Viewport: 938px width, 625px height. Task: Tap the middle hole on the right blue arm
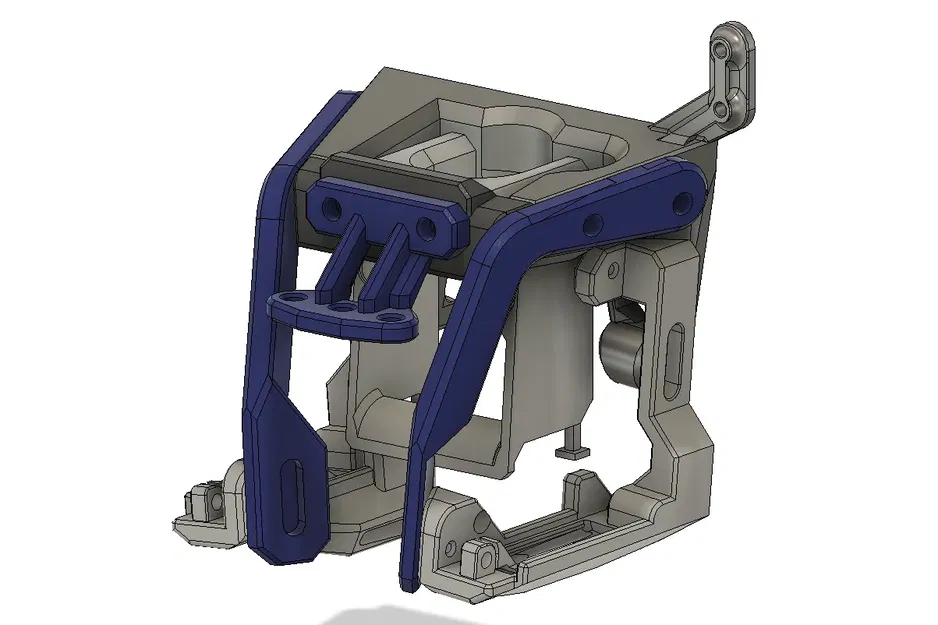(594, 223)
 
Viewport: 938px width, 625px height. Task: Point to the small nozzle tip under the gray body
(571, 450)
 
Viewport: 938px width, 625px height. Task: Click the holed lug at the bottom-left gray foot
(211, 497)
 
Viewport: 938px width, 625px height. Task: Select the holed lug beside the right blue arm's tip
(479, 551)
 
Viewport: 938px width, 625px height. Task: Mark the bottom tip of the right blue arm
(408, 578)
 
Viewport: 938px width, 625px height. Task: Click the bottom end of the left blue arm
(285, 550)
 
